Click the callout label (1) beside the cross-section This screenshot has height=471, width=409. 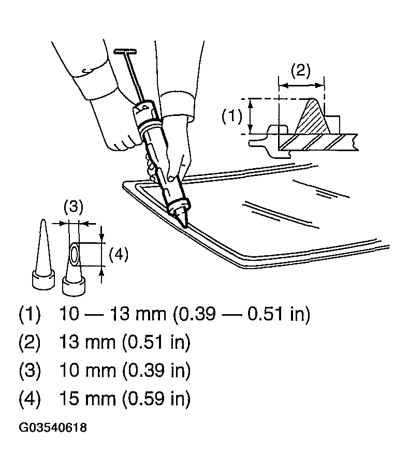(232, 116)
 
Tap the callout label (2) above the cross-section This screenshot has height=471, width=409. (301, 70)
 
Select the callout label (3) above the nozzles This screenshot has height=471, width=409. (74, 207)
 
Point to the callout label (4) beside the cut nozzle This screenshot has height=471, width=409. (119, 255)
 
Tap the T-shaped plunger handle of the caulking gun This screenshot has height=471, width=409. (125, 51)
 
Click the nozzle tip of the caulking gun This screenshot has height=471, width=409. (182, 218)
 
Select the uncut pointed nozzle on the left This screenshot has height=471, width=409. (43, 255)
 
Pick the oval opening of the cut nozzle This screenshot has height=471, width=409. (75, 255)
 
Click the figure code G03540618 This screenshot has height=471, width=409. (53, 428)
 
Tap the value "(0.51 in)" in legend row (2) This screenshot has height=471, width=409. (156, 342)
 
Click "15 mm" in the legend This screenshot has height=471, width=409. (87, 399)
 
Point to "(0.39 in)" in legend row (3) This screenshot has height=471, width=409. (156, 370)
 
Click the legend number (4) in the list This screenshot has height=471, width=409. (30, 399)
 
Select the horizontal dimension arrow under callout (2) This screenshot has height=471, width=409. (301, 85)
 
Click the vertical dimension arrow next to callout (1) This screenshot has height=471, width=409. (251, 116)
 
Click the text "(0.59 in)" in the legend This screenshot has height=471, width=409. (156, 399)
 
